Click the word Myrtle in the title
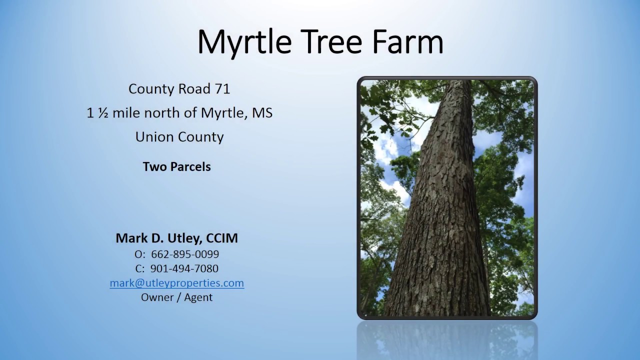[244, 42]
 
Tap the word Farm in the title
[407, 42]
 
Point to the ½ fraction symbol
[103, 113]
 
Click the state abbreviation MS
[262, 113]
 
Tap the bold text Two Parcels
[176, 166]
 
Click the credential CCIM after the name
[221, 238]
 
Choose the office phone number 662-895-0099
[185, 254]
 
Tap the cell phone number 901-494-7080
[184, 268]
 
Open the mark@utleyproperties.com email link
[176, 283]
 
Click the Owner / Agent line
[176, 297]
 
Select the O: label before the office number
[139, 254]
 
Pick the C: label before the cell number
[139, 268]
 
